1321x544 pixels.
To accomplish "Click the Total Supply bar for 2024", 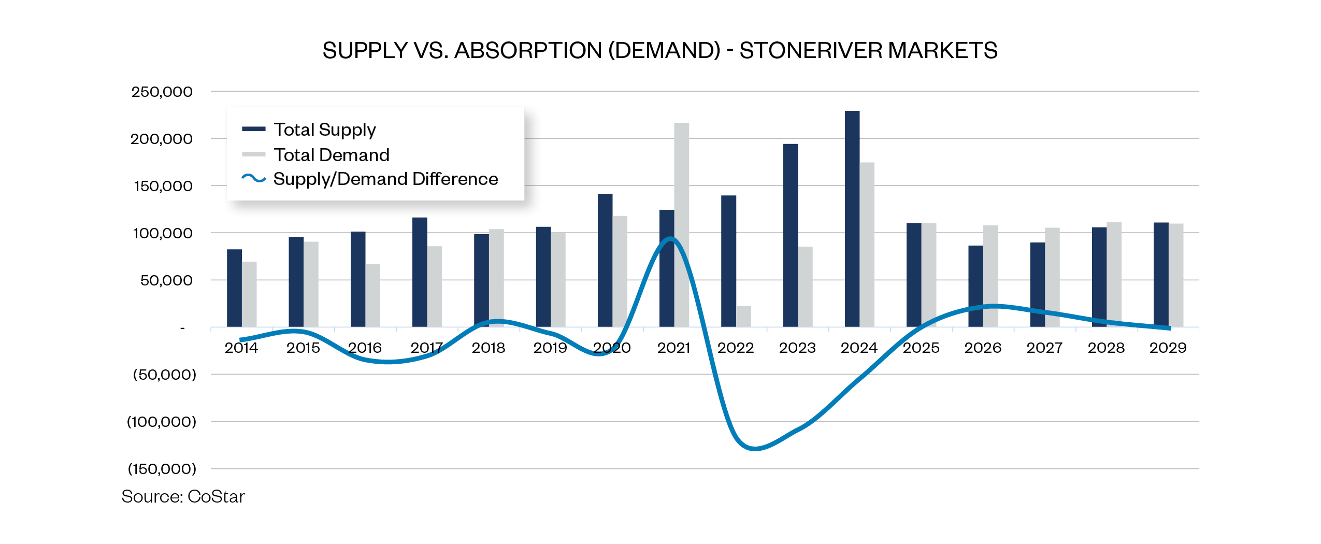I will coord(852,218).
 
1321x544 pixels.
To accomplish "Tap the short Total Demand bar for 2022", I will coord(743,317).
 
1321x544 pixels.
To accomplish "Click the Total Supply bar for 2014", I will coord(234,288).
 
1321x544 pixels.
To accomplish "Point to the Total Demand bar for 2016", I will coord(372,295).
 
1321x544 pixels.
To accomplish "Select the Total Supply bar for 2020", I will coord(605,259).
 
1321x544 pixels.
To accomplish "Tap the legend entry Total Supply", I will coord(324,130).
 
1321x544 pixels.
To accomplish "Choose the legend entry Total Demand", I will coord(331,155).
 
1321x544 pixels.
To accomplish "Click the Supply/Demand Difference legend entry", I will coord(385,179).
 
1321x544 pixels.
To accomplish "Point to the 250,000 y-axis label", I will coord(162,92).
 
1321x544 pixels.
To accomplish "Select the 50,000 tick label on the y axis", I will coord(166,280).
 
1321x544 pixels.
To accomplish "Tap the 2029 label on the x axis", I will coord(1168,348).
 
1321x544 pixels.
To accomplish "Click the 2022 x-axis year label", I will coord(735,348).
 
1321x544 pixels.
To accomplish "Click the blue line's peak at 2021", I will coord(670,239).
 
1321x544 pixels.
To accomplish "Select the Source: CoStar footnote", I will coord(183,496).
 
